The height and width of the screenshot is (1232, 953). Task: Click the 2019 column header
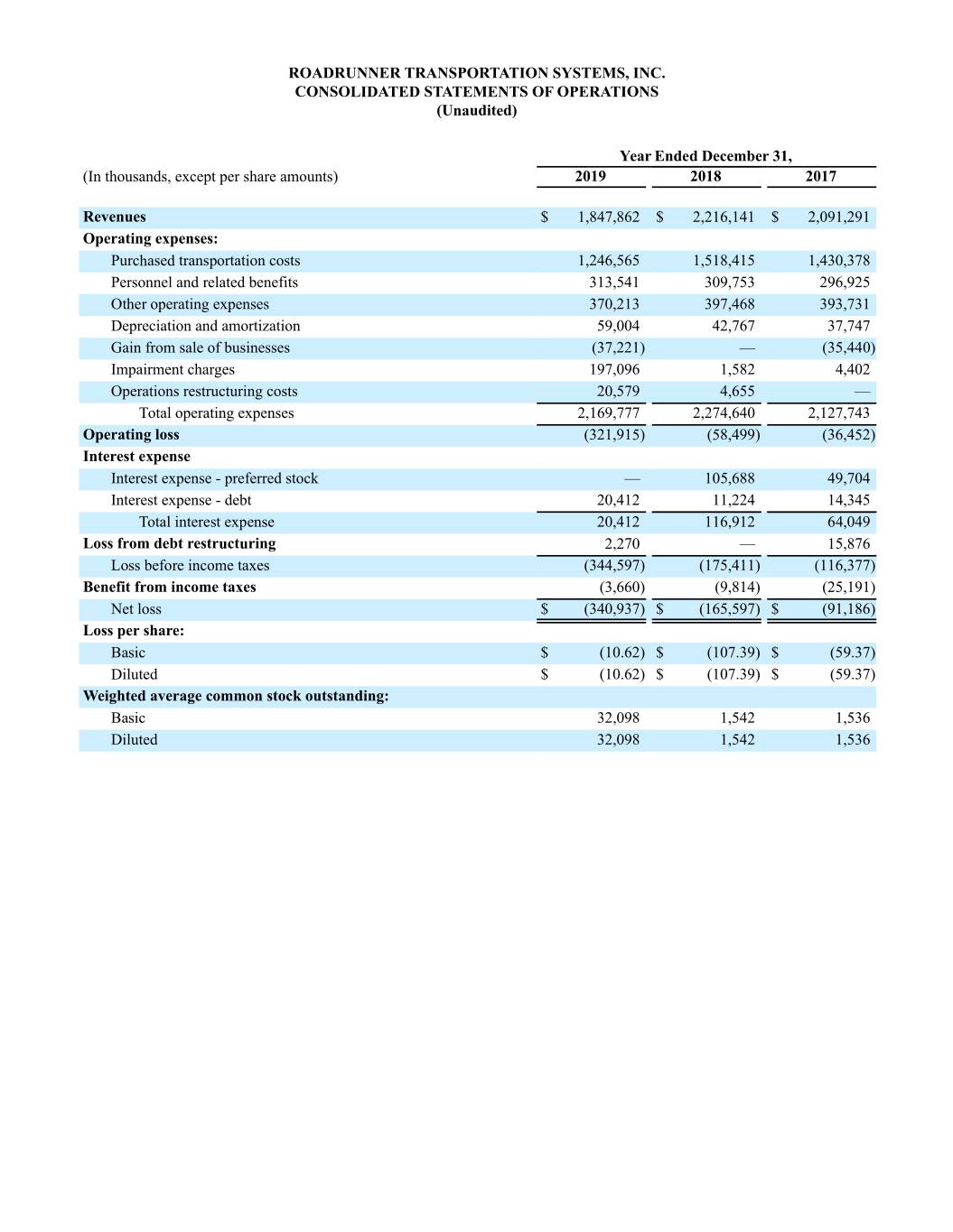tap(590, 177)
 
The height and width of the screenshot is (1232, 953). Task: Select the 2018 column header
tap(705, 177)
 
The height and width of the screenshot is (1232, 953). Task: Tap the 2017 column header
tap(820, 177)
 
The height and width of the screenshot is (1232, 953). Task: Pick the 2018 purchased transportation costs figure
tap(724, 261)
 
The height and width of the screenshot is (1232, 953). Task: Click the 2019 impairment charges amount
tap(614, 370)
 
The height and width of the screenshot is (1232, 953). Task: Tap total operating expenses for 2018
tap(724, 413)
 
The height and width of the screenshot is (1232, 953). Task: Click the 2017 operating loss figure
tap(842, 435)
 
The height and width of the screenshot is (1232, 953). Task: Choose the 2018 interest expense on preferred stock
tap(729, 478)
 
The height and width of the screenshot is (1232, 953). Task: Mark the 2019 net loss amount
tap(614, 609)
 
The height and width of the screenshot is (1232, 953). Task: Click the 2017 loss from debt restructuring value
tap(848, 544)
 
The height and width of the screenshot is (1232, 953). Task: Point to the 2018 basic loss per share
tap(733, 653)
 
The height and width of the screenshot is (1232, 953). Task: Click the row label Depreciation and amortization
tap(205, 326)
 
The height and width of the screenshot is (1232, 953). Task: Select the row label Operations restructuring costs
tap(204, 392)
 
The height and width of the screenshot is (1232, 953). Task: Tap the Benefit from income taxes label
tap(170, 588)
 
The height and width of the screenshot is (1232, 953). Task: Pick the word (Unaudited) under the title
tap(477, 111)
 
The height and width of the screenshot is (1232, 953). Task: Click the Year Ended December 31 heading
tap(705, 156)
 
